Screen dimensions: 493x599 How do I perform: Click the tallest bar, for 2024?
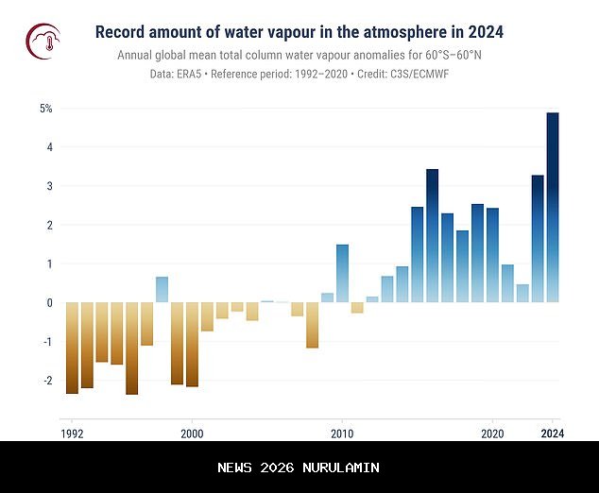[x=553, y=208]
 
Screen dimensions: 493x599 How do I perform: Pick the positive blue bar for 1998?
[x=163, y=289]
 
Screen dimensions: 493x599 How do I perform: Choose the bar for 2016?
[x=433, y=235]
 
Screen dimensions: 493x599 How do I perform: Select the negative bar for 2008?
[x=313, y=325]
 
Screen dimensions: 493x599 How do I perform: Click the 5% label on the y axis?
[x=45, y=109]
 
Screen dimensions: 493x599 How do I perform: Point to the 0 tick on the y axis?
[x=48, y=303]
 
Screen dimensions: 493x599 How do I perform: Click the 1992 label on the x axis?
[x=72, y=434]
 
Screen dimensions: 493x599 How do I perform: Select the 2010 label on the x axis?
[x=342, y=434]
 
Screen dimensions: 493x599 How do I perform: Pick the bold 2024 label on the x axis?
[x=553, y=434]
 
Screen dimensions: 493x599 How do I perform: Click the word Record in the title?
[x=122, y=32]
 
